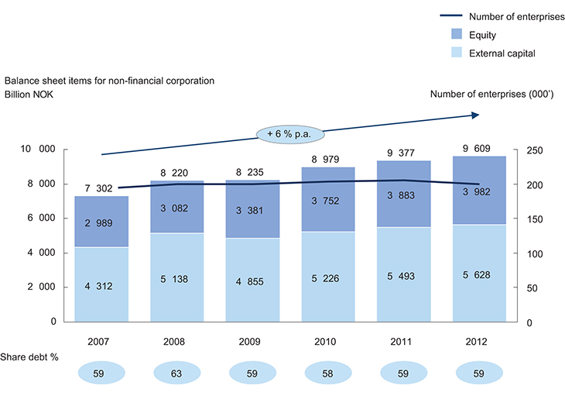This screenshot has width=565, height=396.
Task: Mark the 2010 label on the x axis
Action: click(328, 339)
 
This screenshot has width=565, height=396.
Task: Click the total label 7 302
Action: click(101, 188)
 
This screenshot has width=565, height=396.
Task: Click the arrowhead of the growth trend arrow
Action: click(475, 115)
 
